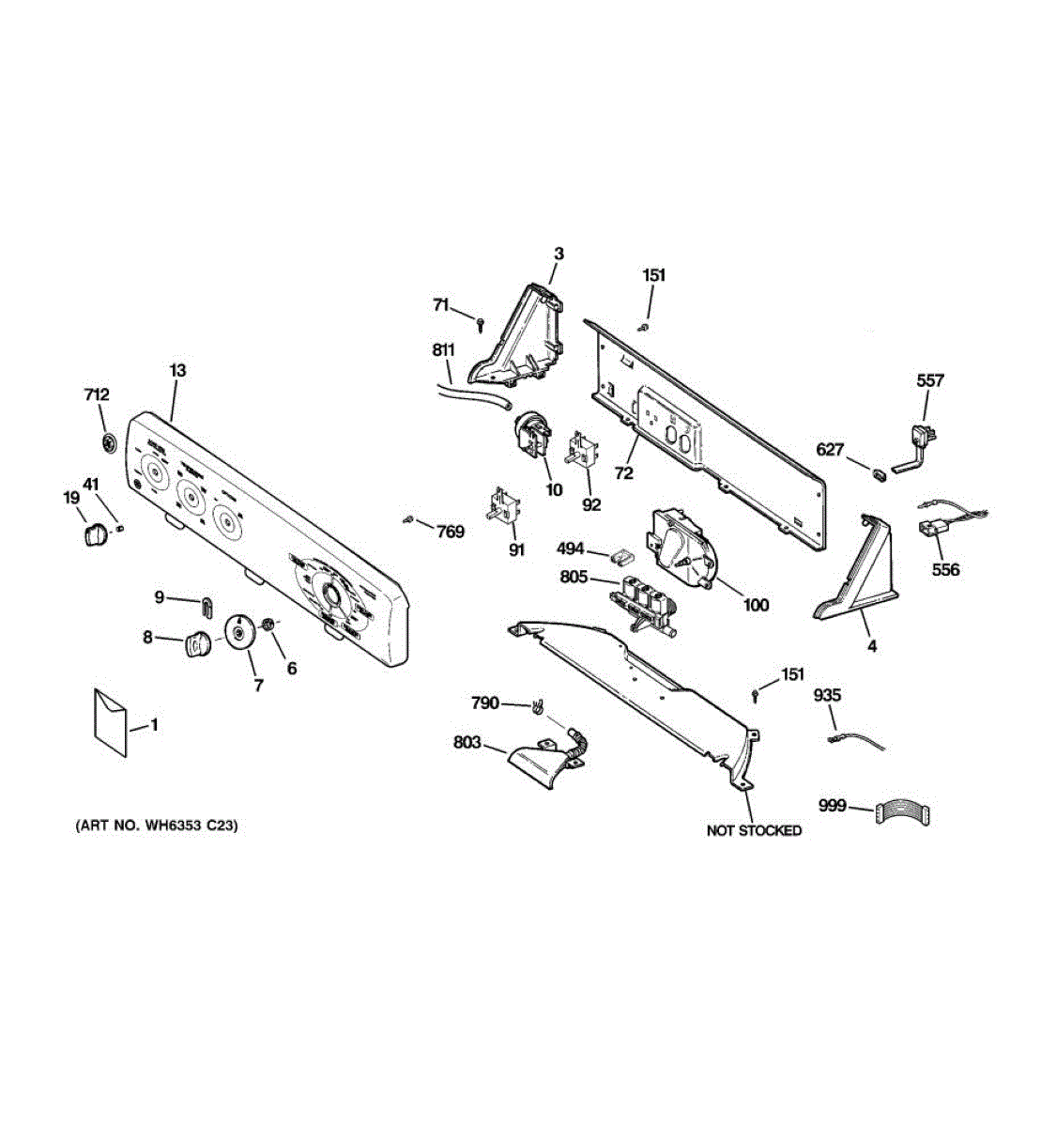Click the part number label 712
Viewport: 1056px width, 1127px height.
pyautogui.click(x=96, y=394)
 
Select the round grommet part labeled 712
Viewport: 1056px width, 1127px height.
pyautogui.click(x=109, y=441)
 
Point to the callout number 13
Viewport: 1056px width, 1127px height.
pyautogui.click(x=177, y=371)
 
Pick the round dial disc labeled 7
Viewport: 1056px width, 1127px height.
pyautogui.click(x=240, y=631)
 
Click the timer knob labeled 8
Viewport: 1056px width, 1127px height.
pyautogui.click(x=197, y=644)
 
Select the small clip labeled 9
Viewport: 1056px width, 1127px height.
pyautogui.click(x=206, y=601)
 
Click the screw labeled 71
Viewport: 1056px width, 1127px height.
pyautogui.click(x=481, y=324)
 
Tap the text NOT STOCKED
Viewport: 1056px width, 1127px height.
pyautogui.click(x=754, y=830)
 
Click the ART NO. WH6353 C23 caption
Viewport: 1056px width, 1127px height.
pyautogui.click(x=157, y=826)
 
